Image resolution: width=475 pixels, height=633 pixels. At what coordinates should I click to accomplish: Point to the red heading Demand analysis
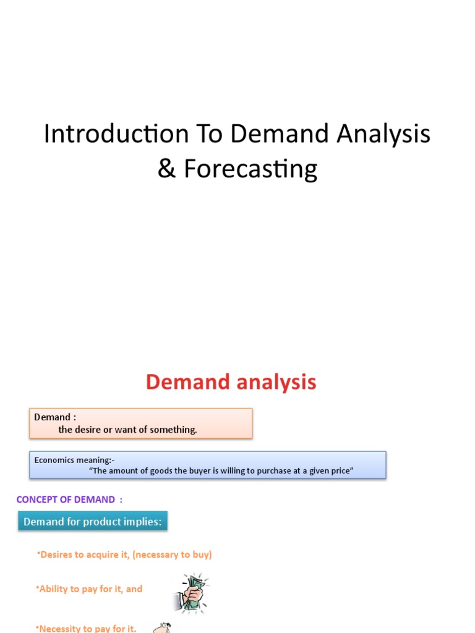[x=231, y=382]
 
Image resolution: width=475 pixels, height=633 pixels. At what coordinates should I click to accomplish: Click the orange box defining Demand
[x=141, y=423]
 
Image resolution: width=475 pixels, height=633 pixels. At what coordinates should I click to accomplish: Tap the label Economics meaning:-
[x=74, y=460]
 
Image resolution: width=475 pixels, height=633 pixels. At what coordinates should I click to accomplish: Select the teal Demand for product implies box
[x=92, y=522]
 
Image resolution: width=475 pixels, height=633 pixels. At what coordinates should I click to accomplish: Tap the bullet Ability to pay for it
[x=90, y=589]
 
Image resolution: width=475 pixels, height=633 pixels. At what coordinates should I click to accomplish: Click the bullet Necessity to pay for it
[x=87, y=628]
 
